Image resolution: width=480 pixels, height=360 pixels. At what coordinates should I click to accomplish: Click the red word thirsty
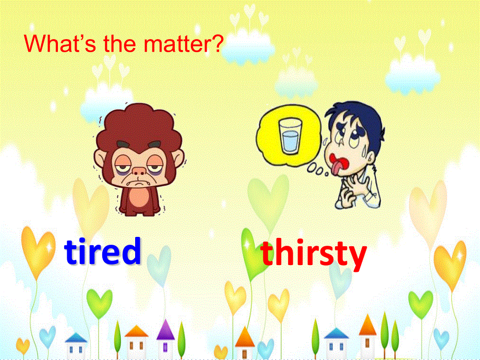(314, 254)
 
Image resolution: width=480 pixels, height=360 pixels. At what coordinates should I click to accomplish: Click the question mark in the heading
(217, 43)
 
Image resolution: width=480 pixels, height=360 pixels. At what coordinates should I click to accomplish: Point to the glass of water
(290, 136)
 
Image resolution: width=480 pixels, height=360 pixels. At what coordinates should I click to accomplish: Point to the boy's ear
(371, 158)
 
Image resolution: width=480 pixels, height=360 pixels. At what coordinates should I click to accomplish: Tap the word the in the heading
(119, 43)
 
